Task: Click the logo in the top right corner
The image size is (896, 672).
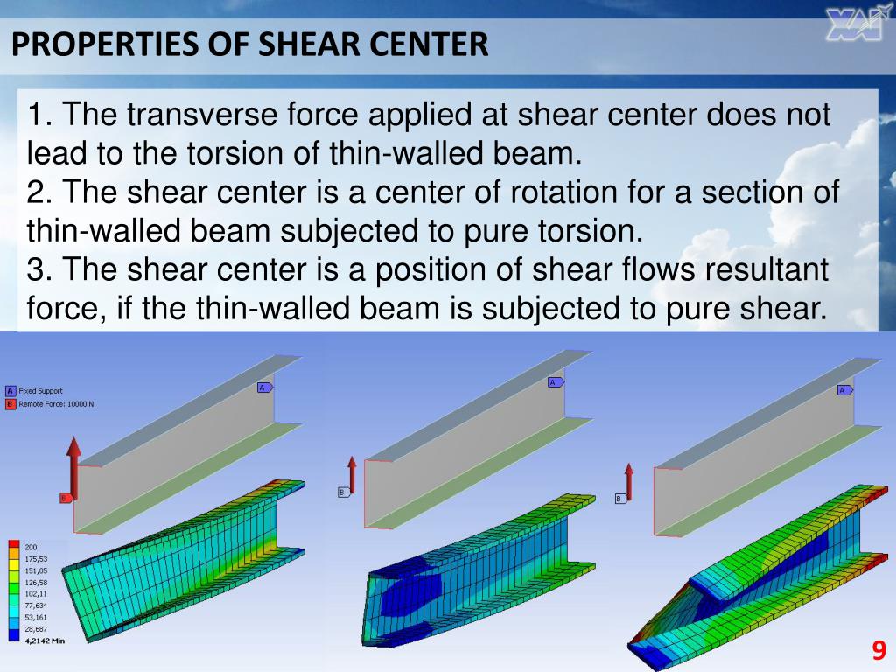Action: (x=853, y=25)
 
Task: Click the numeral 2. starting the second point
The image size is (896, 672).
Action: (x=39, y=192)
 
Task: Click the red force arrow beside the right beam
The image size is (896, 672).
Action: (x=628, y=480)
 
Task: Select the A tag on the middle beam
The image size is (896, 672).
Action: (x=555, y=382)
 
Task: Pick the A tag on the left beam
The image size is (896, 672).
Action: (x=263, y=388)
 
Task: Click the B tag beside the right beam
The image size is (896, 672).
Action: (x=619, y=499)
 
